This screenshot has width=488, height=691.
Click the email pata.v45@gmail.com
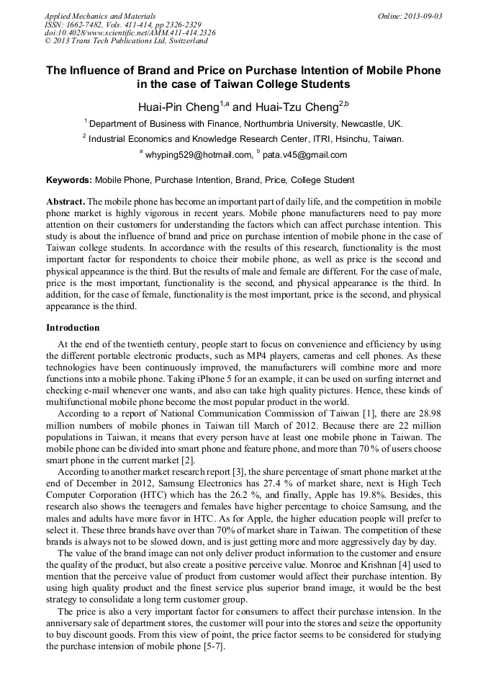click(304, 155)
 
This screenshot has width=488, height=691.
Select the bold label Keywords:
click(69, 180)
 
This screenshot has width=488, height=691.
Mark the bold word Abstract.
click(65, 202)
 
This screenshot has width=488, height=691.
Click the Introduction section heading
click(73, 328)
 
